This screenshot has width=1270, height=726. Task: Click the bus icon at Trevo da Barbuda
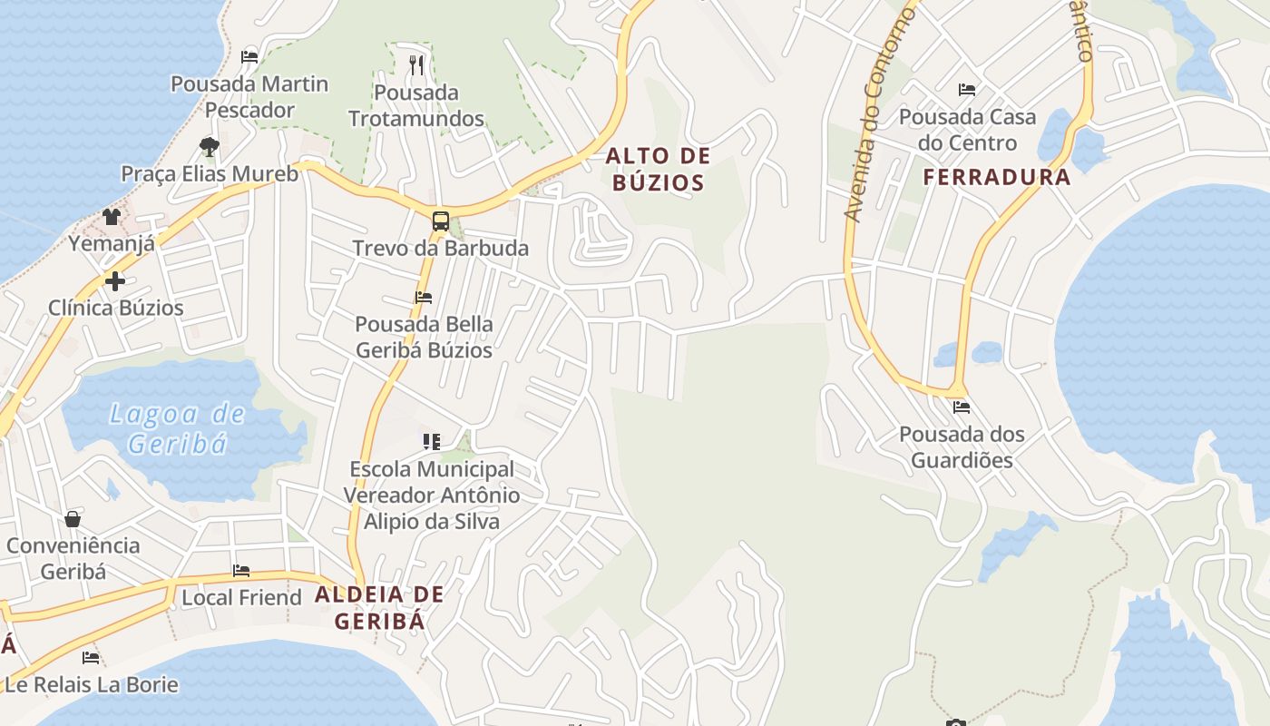click(440, 221)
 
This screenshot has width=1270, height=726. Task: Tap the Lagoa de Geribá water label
click(177, 428)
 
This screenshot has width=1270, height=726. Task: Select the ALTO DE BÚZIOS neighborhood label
click(658, 170)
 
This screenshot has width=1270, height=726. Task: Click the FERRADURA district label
click(997, 177)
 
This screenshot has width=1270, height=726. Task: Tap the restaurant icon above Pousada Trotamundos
click(416, 64)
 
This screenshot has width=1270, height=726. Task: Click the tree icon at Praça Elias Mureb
click(210, 146)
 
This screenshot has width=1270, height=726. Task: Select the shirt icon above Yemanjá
click(112, 216)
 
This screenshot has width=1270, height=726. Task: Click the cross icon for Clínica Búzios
click(115, 281)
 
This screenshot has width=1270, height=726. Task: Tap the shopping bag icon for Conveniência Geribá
click(73, 519)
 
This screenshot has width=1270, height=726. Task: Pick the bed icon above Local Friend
click(240, 571)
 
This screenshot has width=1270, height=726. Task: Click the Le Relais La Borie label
click(92, 684)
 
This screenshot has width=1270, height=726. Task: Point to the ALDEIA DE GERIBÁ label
click(379, 608)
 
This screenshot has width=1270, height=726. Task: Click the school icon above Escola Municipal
click(431, 442)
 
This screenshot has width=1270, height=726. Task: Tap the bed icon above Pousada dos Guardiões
click(962, 407)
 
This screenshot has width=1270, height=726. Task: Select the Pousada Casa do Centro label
click(967, 130)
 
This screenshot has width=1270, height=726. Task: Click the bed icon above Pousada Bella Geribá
click(424, 298)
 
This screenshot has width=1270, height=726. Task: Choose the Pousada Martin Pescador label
click(249, 96)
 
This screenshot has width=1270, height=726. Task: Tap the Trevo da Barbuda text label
click(440, 248)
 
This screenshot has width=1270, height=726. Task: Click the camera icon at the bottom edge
click(955, 722)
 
